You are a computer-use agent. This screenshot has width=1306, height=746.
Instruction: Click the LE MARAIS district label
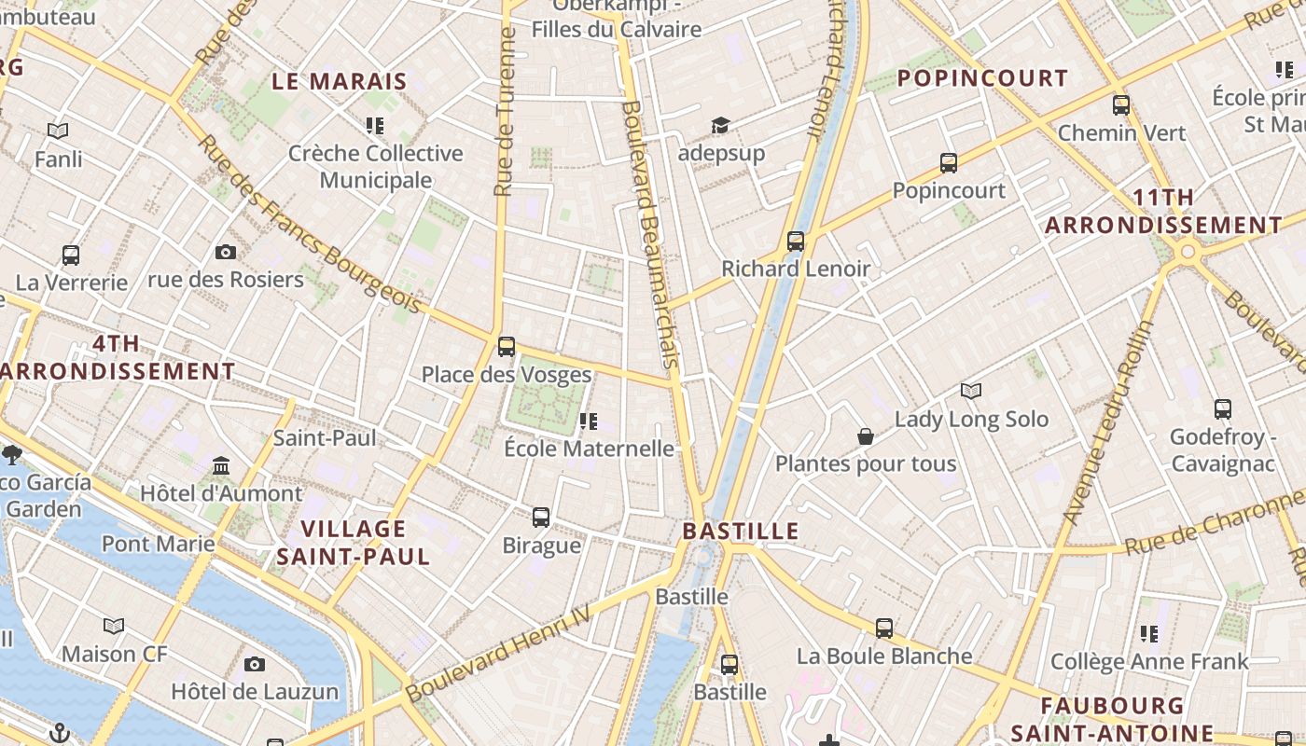[340, 81]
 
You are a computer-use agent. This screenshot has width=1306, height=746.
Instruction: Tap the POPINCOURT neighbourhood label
[982, 78]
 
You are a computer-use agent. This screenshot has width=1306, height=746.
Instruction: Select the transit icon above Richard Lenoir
[796, 242]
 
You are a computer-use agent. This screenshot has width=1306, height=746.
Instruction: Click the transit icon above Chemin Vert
[1121, 105]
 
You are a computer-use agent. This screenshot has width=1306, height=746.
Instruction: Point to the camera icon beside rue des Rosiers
[225, 252]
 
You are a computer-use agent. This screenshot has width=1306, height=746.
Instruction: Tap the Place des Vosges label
[507, 375]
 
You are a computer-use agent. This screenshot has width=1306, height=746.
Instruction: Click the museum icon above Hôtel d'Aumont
[221, 465]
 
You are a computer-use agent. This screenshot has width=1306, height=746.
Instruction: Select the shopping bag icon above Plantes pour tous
[866, 436]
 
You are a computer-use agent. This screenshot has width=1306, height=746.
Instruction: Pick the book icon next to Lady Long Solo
[971, 392]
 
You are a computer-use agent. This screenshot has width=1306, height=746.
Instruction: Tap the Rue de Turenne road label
[505, 112]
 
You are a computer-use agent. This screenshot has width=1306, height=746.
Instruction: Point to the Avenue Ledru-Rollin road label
[1107, 422]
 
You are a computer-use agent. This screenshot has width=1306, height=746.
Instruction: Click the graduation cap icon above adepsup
[720, 126]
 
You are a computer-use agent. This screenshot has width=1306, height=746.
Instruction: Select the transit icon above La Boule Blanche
[884, 629]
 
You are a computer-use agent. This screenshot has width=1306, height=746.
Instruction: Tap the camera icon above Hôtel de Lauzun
[255, 664]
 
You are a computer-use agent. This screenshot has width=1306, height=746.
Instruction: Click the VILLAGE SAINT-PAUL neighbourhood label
[353, 543]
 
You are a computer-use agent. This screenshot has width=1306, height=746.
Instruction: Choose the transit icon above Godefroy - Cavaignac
[1222, 408]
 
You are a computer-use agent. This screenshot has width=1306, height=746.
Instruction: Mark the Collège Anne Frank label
[1149, 662]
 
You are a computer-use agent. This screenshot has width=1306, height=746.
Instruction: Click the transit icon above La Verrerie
[71, 255]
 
